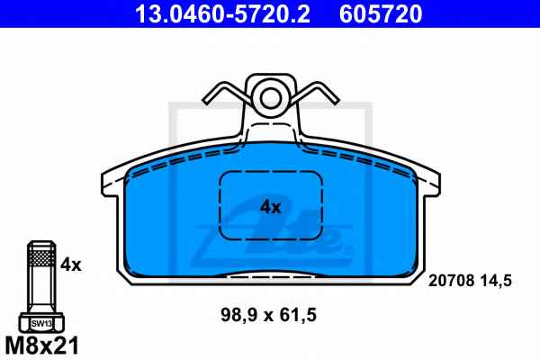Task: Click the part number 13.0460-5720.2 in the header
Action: coord(222,14)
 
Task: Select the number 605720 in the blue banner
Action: coord(381,14)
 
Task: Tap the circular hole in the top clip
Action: coord(271,98)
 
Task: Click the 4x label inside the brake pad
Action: coord(271,207)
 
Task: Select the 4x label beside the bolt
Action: coord(71,265)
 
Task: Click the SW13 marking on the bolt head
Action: coord(41,324)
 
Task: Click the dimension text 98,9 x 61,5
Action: coord(268,315)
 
